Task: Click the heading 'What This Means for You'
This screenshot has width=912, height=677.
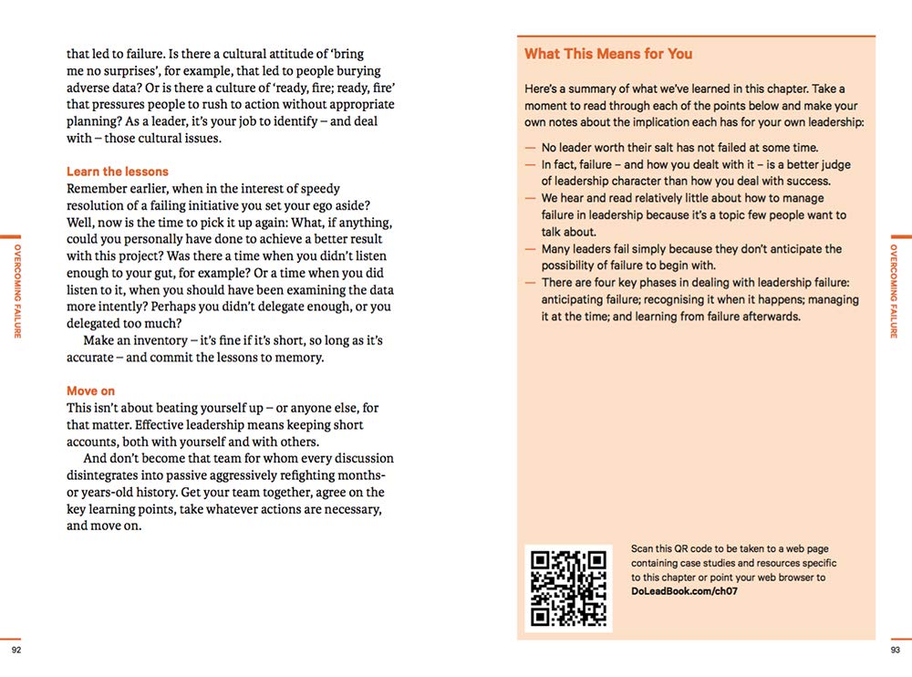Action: pos(608,54)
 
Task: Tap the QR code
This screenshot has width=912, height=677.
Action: pos(568,588)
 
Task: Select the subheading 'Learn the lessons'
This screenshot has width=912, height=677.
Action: pos(118,172)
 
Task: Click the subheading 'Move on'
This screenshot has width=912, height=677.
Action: pos(90,391)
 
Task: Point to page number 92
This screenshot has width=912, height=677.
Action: pos(16,650)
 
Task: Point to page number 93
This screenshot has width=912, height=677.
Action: pos(895,650)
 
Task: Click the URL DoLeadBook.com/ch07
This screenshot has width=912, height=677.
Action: pos(684,591)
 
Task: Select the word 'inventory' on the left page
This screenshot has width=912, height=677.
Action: pos(170,340)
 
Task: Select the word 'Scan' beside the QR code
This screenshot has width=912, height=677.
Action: pos(642,549)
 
